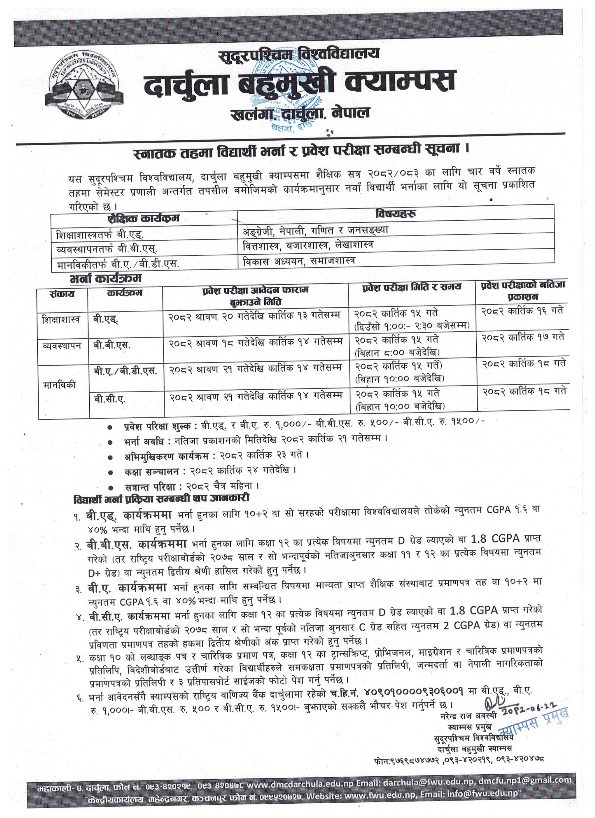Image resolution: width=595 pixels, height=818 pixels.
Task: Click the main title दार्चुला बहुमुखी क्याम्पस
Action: point(300,82)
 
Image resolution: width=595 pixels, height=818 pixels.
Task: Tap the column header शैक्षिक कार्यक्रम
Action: point(143,219)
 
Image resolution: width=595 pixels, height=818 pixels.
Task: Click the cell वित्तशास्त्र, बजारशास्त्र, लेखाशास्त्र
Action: point(308,245)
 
